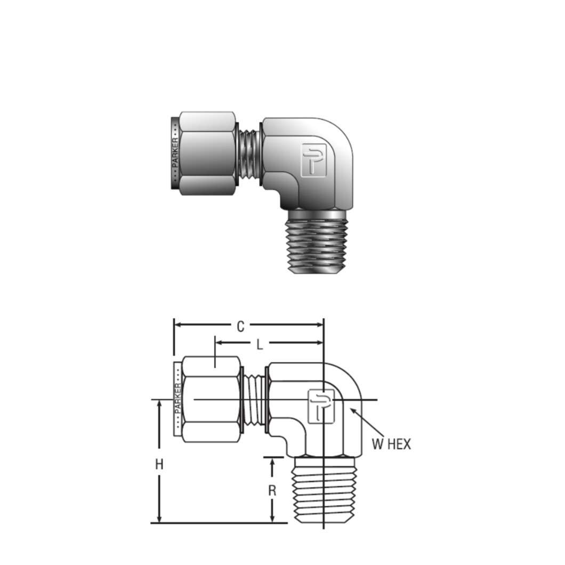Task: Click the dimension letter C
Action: tap(240, 326)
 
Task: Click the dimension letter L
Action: tap(260, 344)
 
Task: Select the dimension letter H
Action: tap(159, 464)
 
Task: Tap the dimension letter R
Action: tap(272, 490)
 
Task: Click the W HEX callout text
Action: tap(391, 444)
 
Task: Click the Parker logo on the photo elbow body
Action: tap(313, 159)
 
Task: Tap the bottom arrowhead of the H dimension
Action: tap(159, 519)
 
